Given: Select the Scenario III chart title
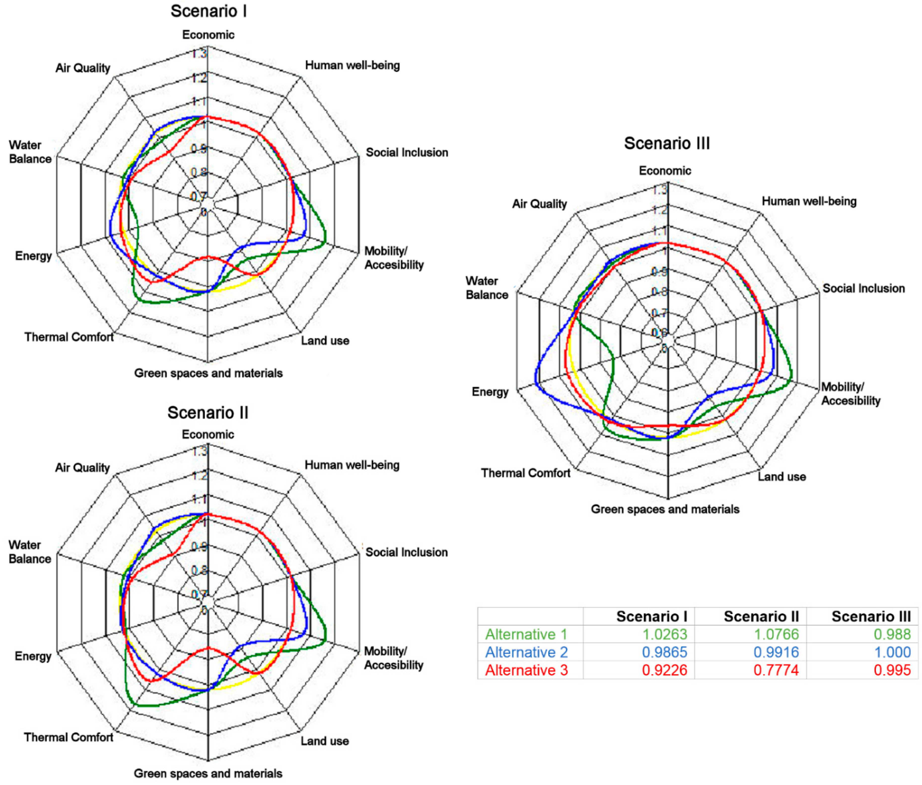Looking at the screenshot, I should (667, 143).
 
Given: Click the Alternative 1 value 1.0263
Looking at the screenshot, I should (665, 634).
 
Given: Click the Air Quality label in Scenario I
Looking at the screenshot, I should (83, 68).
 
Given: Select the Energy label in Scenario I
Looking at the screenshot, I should (33, 256).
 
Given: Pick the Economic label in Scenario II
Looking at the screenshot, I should (208, 434).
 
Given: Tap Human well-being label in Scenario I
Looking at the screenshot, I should (352, 65).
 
